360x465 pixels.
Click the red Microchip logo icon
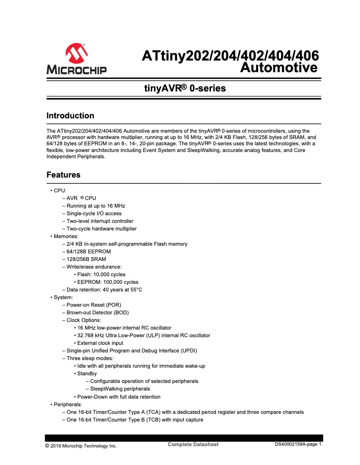coord(76,54)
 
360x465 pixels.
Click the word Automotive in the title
coord(279,68)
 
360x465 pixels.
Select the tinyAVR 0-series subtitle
coord(184,88)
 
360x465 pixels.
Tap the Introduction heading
coord(70,116)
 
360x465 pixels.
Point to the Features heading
coord(63,175)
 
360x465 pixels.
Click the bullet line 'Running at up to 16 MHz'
coord(93,206)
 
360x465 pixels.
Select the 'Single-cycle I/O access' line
coord(94,213)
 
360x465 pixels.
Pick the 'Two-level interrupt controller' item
coord(100,221)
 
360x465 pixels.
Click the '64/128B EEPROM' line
coord(88,252)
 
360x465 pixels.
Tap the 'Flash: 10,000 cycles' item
coord(101,274)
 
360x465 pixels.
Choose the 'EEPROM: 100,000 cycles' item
coord(108,282)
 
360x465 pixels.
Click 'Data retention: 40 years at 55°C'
coord(104,290)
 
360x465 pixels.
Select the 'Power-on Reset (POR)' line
coord(94,305)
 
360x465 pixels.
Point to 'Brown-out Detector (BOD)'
coord(97,313)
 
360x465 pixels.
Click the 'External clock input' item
coord(100,343)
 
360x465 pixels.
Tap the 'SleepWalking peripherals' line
coord(120,389)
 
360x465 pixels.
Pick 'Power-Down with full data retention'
coord(119,397)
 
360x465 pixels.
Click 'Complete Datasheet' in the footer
coord(193,444)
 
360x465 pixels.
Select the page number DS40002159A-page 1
coord(298,444)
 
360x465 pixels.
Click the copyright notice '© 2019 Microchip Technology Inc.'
coord(81,446)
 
